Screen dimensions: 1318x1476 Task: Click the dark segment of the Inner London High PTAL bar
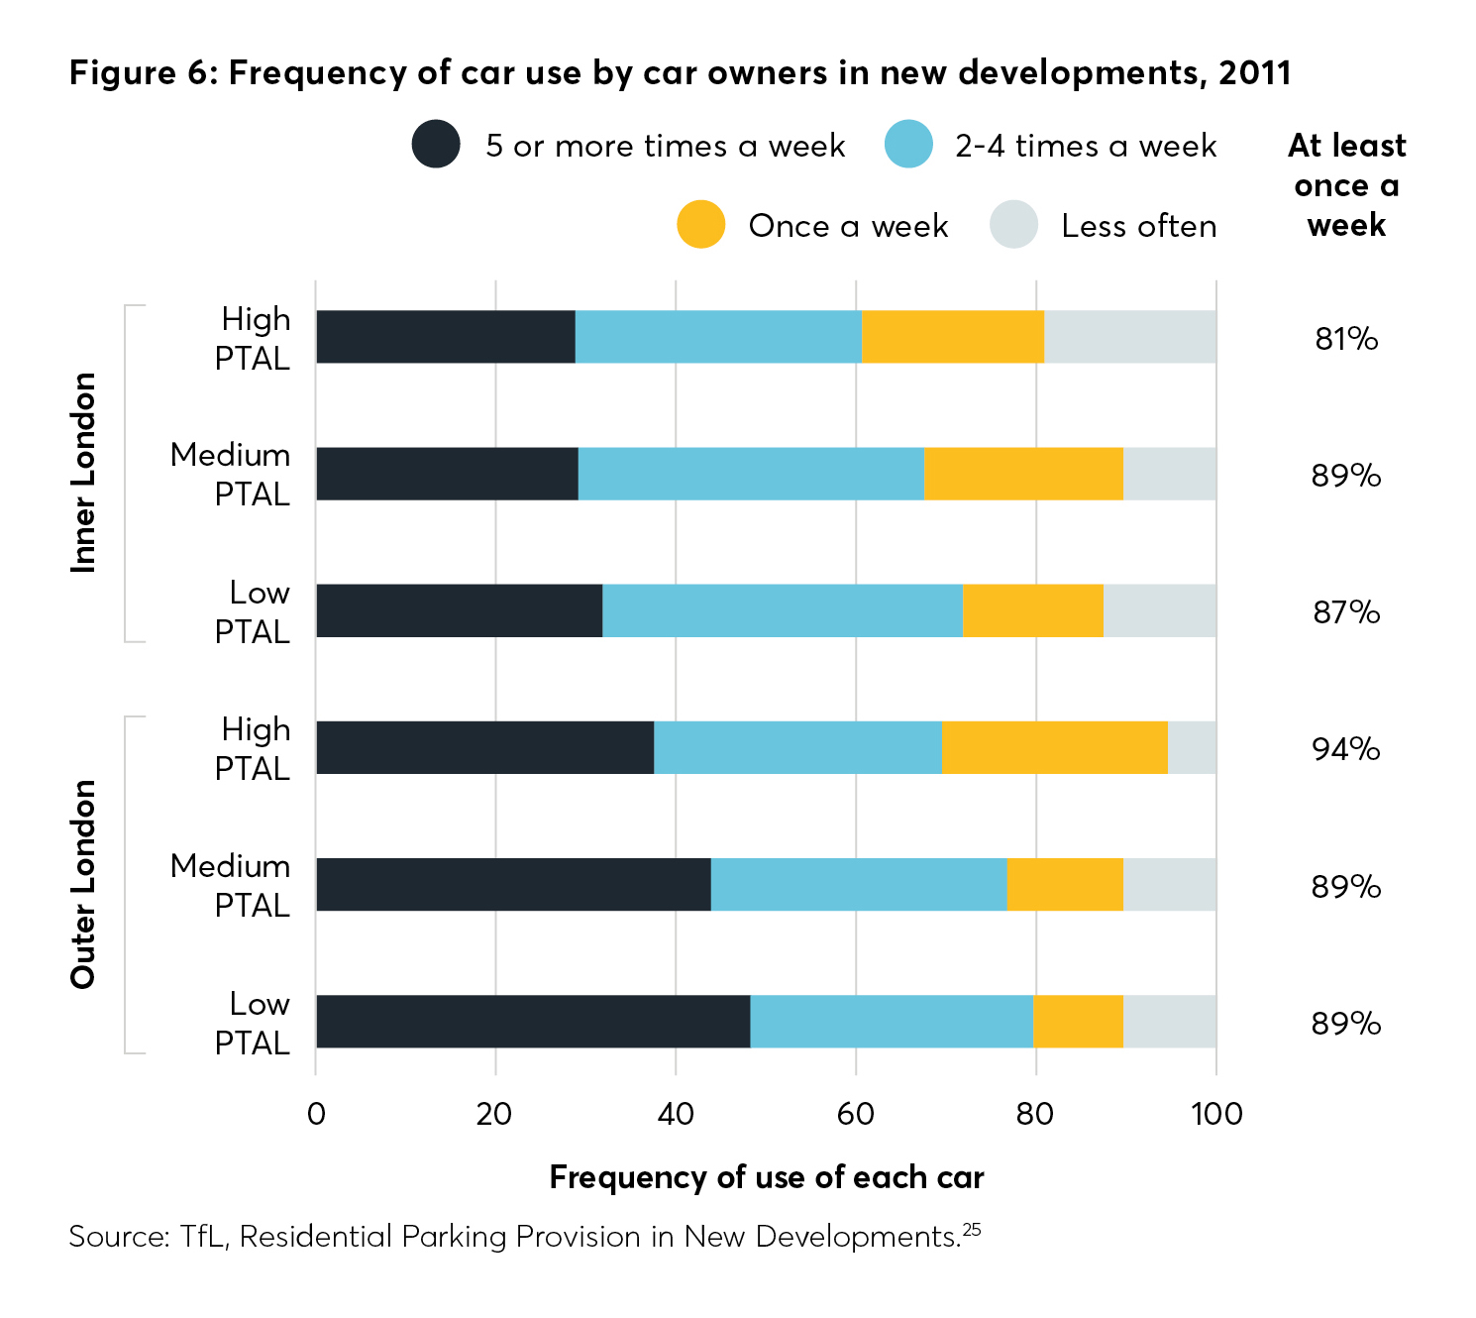point(446,337)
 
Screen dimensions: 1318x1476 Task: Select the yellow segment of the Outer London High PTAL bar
point(1055,747)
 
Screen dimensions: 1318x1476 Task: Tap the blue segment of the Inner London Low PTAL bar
point(783,610)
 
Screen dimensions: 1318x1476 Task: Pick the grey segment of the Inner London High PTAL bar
point(1130,337)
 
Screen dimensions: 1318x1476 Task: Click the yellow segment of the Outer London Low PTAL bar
point(1078,1022)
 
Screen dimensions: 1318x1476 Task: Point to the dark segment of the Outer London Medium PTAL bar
point(513,885)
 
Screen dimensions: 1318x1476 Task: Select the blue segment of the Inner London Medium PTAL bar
point(751,474)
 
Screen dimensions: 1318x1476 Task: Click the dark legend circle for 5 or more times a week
point(436,145)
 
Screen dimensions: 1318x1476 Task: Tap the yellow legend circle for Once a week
point(701,225)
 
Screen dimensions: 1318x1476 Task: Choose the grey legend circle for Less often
point(1013,225)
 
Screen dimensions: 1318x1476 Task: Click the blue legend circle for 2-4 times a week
point(908,145)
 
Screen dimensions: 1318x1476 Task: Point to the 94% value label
point(1346,749)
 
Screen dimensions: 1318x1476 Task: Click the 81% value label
point(1346,339)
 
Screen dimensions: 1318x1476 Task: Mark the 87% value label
point(1346,612)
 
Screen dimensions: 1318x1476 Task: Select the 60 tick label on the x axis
point(855,1114)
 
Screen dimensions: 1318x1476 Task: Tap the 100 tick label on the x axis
point(1216,1114)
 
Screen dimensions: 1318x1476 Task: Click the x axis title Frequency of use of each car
point(767,1177)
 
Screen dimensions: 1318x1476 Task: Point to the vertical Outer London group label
point(83,885)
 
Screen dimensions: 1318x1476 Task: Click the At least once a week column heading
point(1346,185)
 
